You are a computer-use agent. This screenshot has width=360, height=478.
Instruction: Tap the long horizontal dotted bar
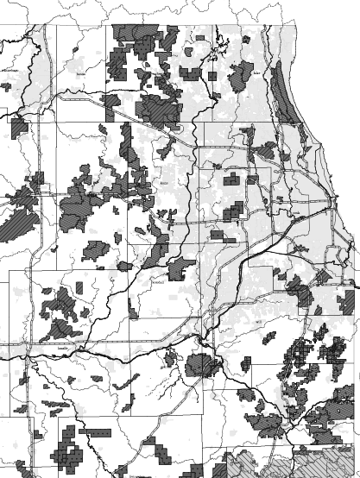click(x=95, y=430)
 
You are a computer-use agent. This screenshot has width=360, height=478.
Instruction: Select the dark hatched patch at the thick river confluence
click(x=204, y=365)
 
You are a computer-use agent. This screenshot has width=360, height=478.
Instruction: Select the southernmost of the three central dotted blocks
click(x=224, y=235)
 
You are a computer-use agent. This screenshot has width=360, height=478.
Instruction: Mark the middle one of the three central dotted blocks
click(x=234, y=212)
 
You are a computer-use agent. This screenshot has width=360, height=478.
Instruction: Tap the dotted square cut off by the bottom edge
click(x=121, y=473)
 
